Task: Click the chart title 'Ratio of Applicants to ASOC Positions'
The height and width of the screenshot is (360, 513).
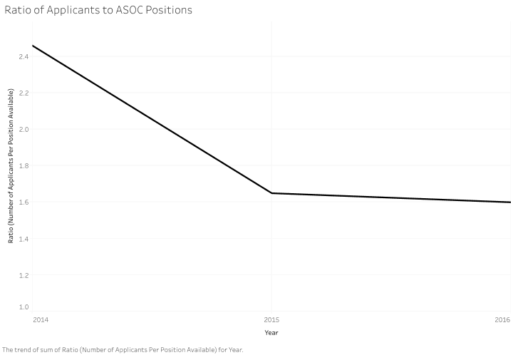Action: click(98, 11)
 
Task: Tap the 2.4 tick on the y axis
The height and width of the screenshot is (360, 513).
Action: click(24, 56)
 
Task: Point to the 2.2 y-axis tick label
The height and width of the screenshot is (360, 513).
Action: click(24, 93)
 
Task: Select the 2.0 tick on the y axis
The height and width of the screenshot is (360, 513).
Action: click(24, 129)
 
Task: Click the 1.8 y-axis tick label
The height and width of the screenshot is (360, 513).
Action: click(24, 165)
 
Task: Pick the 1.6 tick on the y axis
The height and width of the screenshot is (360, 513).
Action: click(24, 202)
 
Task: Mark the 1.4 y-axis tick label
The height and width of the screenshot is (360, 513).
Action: click(24, 238)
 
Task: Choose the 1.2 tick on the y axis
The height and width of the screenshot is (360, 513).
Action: click(24, 274)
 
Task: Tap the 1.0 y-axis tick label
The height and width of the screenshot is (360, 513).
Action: click(24, 307)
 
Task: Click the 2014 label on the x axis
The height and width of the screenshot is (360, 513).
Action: click(41, 319)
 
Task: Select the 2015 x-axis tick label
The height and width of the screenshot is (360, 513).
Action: click(271, 319)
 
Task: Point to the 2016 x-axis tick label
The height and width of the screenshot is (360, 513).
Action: click(502, 319)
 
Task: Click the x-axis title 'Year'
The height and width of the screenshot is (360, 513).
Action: click(271, 332)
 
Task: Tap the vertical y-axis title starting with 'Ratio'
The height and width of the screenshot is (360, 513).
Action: click(11, 165)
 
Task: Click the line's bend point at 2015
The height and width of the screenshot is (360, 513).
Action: click(271, 193)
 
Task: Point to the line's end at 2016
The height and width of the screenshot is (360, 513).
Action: click(509, 202)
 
